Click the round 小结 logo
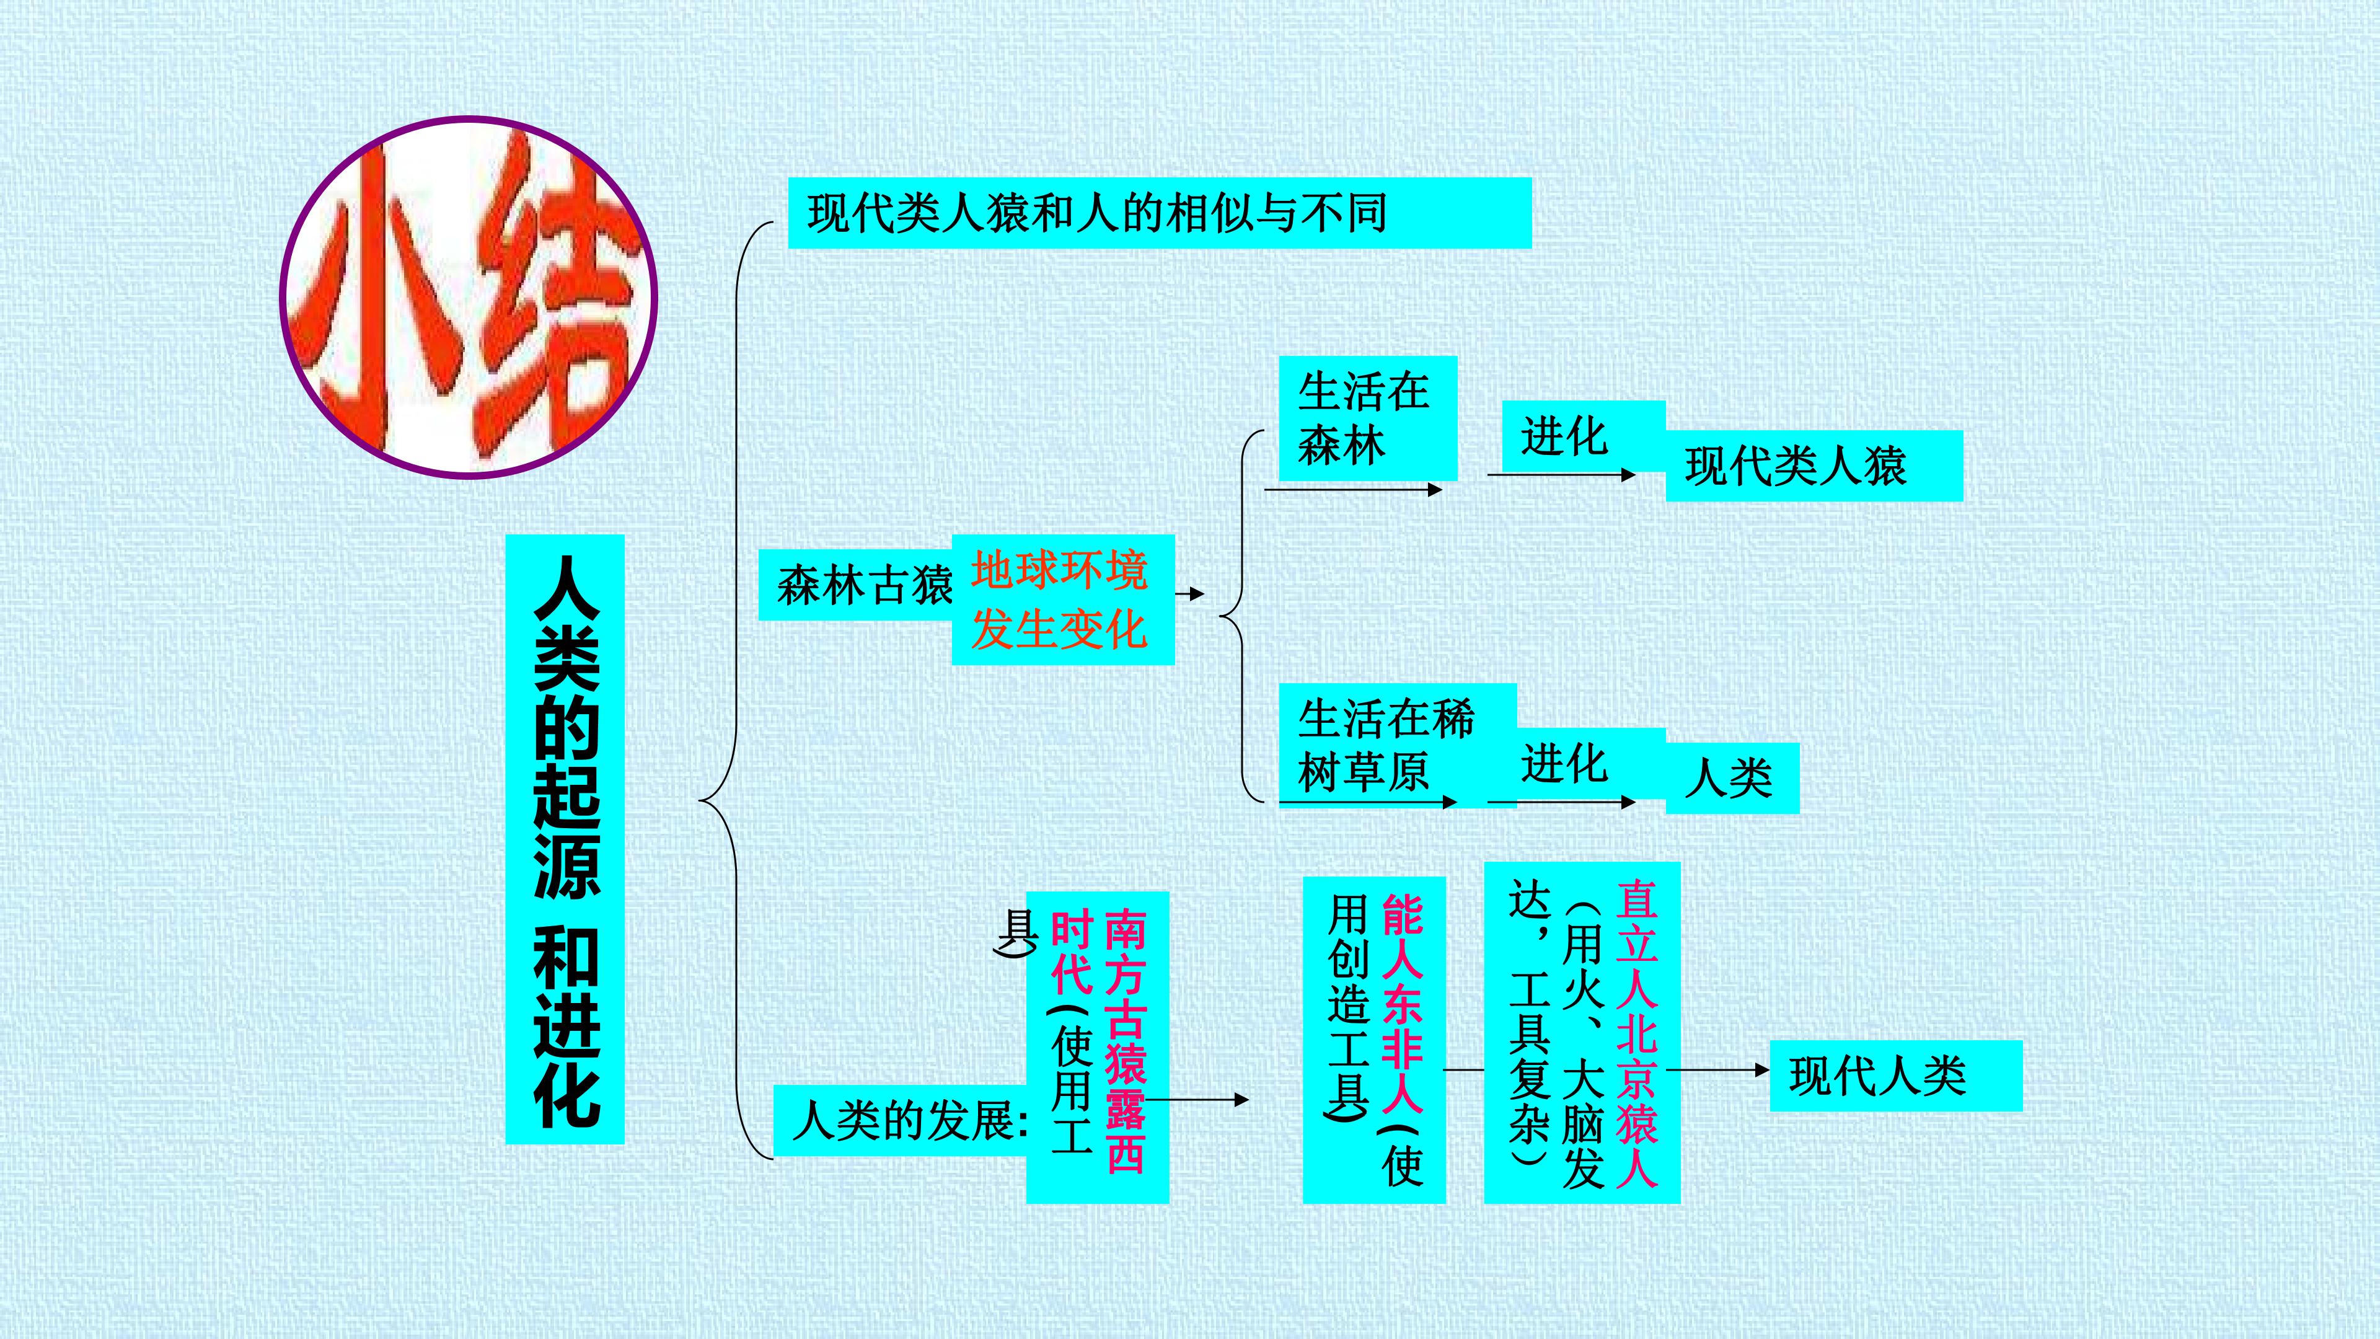tap(469, 297)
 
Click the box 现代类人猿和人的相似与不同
tap(1160, 213)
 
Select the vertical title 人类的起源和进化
tap(565, 839)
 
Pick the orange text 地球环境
tap(1059, 569)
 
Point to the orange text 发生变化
tap(1059, 630)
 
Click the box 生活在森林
tap(1367, 418)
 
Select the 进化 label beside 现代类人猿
tap(1564, 436)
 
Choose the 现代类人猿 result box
tap(1814, 466)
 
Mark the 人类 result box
tap(1732, 778)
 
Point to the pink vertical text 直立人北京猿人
tap(1636, 1033)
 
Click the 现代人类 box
tap(1896, 1076)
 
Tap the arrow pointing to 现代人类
tap(1719, 1070)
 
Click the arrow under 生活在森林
tap(1354, 490)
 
